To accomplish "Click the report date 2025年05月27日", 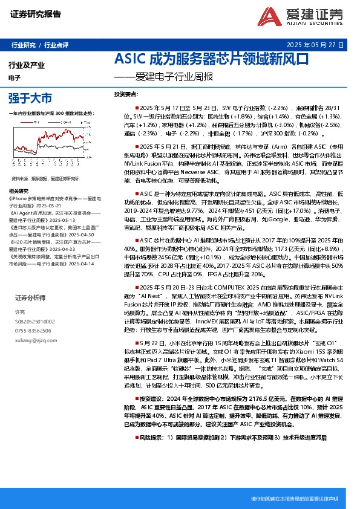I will click(x=315, y=45).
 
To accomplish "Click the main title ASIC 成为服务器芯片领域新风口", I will click(x=212, y=59).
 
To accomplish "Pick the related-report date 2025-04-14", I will click(x=82, y=264).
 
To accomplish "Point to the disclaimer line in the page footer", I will click(x=293, y=499).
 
